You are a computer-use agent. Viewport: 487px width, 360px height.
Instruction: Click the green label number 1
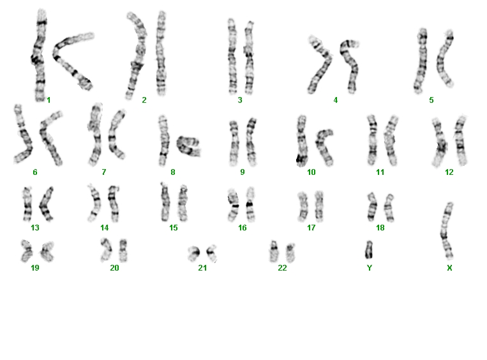pos(49,100)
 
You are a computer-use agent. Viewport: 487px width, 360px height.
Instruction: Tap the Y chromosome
pos(369,250)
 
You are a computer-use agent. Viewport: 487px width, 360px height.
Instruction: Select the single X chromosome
pos(447,230)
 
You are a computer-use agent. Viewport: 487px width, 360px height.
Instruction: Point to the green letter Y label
pos(370,267)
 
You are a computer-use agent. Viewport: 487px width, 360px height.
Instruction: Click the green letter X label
pos(449,267)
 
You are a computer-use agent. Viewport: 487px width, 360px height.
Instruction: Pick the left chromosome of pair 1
pos(38,56)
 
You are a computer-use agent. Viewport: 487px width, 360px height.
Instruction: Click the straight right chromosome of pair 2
pos(161,54)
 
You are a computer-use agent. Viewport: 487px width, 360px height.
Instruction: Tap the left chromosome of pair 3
pos(232,56)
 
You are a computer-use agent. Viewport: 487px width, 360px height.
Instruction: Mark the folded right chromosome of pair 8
pos(188,146)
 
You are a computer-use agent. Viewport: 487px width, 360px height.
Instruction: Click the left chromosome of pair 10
pos(301,140)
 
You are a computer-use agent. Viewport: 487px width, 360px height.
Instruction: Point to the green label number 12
pos(449,172)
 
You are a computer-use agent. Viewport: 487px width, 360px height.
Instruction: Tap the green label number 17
pos(311,228)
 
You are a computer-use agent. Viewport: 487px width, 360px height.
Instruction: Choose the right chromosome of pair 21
pos(211,253)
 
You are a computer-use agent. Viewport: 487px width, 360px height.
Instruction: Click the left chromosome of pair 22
pos(274,251)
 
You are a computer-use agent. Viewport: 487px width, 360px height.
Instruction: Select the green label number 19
pos(34,267)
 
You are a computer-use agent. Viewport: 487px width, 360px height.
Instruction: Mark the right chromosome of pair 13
pos(46,204)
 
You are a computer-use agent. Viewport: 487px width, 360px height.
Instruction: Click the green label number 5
pos(431,100)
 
